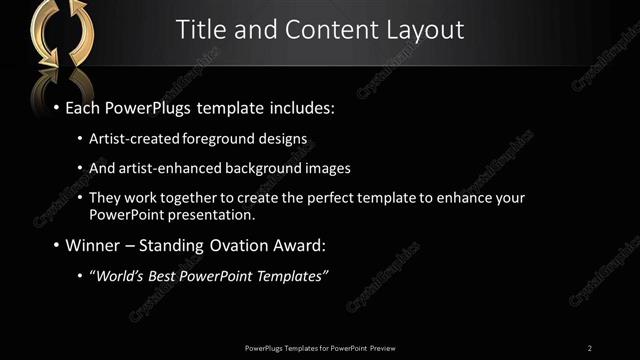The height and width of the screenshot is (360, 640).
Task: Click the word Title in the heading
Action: point(198,30)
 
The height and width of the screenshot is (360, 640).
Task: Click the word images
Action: point(329,168)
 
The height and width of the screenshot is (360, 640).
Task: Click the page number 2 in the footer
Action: point(590,348)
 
